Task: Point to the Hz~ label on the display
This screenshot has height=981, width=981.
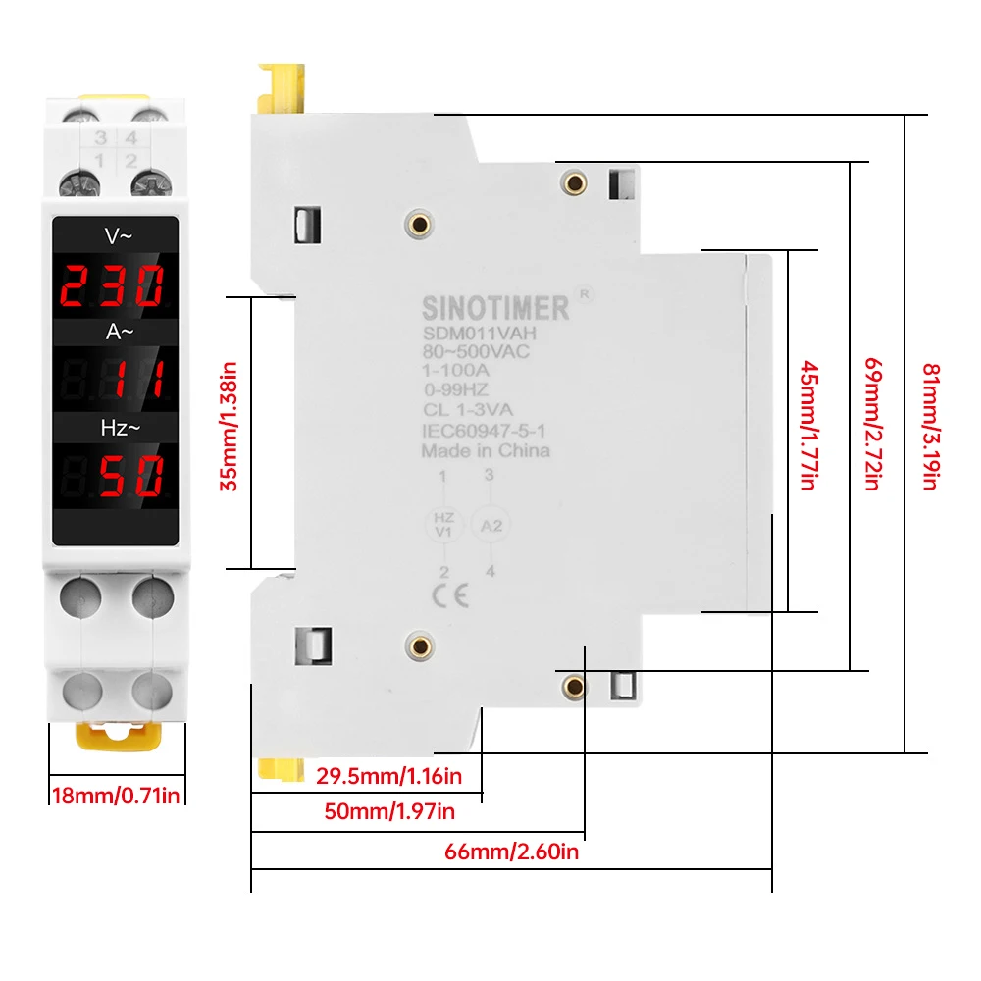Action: (115, 428)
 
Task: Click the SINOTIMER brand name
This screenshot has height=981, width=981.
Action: (495, 308)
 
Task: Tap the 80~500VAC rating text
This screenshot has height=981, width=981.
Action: (476, 352)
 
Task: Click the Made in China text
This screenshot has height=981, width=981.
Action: (486, 451)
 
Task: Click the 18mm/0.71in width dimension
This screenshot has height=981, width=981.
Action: (116, 796)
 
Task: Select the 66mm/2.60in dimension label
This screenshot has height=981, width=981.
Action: (512, 852)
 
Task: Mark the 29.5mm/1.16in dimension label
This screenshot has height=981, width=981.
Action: (388, 777)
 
